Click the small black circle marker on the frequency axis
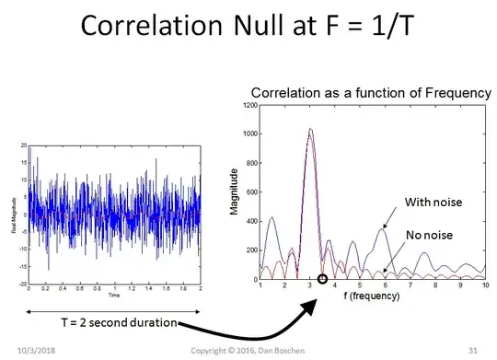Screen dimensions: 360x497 (x=322, y=279)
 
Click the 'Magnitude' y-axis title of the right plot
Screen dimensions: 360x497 (x=236, y=192)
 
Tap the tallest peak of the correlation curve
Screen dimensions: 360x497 (x=310, y=129)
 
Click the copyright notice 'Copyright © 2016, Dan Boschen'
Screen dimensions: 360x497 (x=248, y=351)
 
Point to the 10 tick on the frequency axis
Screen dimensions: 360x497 (x=485, y=286)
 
